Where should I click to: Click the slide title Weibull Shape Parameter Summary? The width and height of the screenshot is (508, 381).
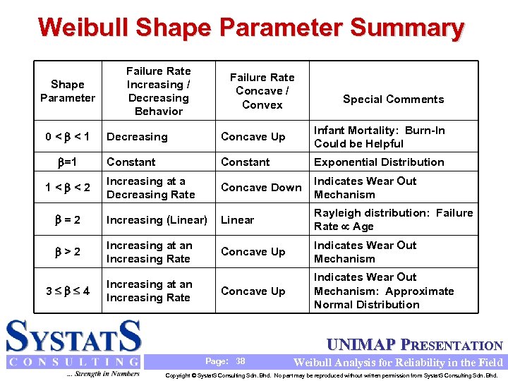pyautogui.click(x=251, y=28)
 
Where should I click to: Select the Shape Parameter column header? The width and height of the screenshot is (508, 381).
pyautogui.click(x=68, y=91)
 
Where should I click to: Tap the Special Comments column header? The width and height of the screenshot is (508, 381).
pyautogui.click(x=393, y=99)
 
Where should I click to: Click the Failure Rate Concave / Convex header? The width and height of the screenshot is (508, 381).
pyautogui.click(x=262, y=91)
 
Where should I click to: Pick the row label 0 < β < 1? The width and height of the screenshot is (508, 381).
pyautogui.click(x=68, y=137)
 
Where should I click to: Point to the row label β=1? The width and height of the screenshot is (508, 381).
pyautogui.click(x=68, y=162)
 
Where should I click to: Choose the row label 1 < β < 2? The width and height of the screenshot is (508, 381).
pyautogui.click(x=68, y=188)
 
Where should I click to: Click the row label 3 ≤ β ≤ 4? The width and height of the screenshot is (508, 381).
pyautogui.click(x=68, y=291)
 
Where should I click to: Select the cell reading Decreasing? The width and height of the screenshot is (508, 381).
pyautogui.click(x=137, y=137)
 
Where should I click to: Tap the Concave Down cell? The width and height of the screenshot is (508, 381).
pyautogui.click(x=261, y=188)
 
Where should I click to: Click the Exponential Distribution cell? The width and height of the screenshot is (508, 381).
pyautogui.click(x=379, y=162)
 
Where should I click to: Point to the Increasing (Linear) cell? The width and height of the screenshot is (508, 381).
pyautogui.click(x=157, y=220)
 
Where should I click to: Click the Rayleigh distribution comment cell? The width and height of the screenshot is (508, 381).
pyautogui.click(x=403, y=219)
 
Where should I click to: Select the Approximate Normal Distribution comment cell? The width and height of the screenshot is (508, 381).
pyautogui.click(x=384, y=291)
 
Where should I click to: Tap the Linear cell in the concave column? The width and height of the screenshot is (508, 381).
pyautogui.click(x=237, y=220)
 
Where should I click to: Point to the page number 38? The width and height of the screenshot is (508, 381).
pyautogui.click(x=241, y=361)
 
